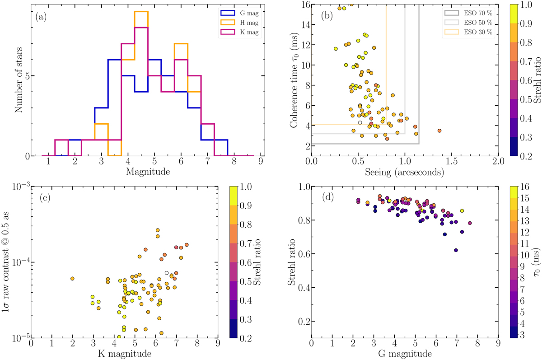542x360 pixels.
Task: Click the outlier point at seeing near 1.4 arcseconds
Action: click(x=439, y=131)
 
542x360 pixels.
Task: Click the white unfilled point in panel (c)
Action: click(x=167, y=273)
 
